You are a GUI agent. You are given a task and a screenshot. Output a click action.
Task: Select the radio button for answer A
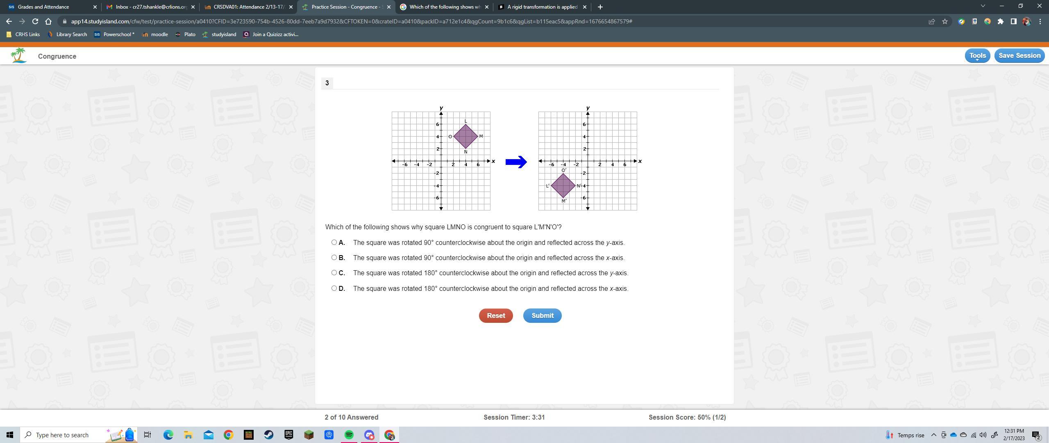334,242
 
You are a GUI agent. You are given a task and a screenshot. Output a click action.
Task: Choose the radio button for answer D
334,288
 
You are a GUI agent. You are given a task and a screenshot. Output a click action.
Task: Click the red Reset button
496,315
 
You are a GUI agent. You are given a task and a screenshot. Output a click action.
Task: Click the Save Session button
1019,56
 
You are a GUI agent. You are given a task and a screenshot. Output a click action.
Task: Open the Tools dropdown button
977,56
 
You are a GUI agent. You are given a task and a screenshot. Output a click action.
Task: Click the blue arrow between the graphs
516,162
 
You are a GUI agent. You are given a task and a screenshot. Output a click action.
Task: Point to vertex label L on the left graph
465,121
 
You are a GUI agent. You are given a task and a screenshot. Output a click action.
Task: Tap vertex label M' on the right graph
564,201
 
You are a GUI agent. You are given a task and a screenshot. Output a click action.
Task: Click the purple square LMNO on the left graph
465,136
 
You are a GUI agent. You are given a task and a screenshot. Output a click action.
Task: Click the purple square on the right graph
563,185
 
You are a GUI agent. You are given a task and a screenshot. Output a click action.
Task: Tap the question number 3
327,83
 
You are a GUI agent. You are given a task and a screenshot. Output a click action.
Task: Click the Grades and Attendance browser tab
43,7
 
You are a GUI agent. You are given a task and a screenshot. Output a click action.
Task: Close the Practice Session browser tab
389,7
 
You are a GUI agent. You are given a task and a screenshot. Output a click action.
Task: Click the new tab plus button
600,7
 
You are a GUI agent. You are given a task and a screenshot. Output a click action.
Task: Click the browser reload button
35,21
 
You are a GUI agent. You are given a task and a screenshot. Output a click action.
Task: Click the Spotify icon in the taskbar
349,435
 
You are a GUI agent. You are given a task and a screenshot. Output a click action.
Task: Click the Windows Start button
10,435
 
